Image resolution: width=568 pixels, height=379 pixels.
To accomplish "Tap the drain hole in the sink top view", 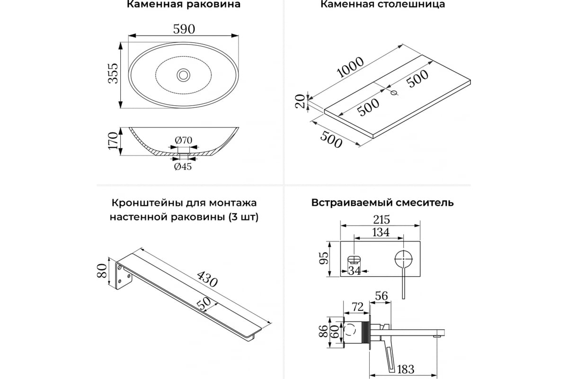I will point(183,74).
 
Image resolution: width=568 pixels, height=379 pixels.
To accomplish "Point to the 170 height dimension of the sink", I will point(113,141).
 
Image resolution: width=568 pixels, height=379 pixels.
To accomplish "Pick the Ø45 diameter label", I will point(183,166).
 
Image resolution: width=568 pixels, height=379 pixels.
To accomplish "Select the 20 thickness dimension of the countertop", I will point(300,101).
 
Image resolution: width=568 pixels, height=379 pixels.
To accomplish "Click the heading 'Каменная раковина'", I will point(184,5).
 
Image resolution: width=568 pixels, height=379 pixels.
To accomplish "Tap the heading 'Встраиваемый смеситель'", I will point(382,203).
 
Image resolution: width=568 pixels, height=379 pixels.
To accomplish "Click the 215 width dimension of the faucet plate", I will point(380,220).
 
